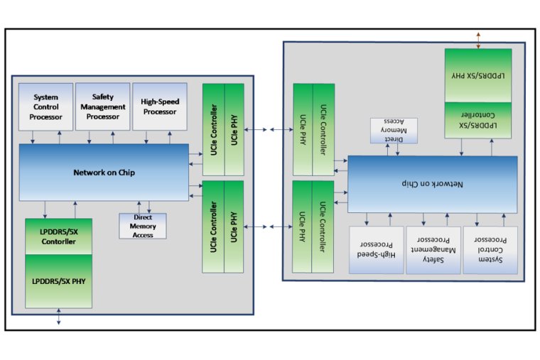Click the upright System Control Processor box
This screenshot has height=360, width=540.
click(45, 107)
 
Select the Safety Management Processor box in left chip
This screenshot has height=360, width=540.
click(102, 107)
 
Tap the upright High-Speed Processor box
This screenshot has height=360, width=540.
click(160, 107)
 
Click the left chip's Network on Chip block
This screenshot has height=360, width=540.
click(104, 172)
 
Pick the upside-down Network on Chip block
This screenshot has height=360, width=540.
click(432, 184)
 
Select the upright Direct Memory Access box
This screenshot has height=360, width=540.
click(142, 226)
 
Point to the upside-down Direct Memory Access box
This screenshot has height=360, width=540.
click(394, 131)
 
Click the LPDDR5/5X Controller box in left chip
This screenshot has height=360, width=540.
click(59, 236)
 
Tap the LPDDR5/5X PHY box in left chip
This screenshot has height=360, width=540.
click(59, 281)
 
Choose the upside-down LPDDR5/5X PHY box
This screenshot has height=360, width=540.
click(478, 75)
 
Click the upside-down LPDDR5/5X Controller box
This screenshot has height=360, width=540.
click(478, 119)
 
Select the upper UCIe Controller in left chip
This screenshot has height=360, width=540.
click(213, 129)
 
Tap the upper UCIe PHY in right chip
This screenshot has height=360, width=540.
click(303, 129)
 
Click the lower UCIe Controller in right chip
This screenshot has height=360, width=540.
click(323, 226)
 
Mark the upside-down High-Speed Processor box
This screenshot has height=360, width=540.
click(374, 250)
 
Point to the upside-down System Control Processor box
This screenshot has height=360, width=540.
click(490, 250)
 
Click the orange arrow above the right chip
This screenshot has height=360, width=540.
click(478, 40)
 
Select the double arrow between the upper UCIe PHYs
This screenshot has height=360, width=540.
click(269, 129)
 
